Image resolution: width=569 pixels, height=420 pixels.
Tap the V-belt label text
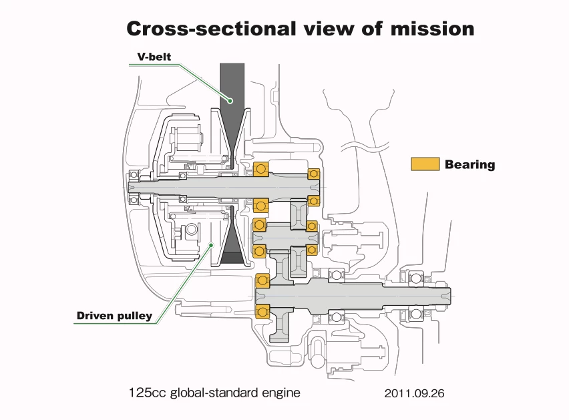click(x=154, y=57)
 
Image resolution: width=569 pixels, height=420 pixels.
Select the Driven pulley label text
click(x=114, y=315)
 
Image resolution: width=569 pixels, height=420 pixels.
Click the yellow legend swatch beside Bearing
click(x=425, y=164)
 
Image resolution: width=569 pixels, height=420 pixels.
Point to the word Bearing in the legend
click(x=470, y=165)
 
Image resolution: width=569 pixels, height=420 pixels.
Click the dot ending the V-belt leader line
click(x=229, y=100)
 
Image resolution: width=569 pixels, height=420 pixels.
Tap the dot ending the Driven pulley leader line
click(x=211, y=245)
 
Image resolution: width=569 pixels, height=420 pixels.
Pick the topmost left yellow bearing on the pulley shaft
click(x=260, y=171)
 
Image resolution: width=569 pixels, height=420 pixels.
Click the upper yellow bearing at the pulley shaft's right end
click(x=313, y=174)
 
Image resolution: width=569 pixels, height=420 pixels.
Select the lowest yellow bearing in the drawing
click(x=262, y=311)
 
